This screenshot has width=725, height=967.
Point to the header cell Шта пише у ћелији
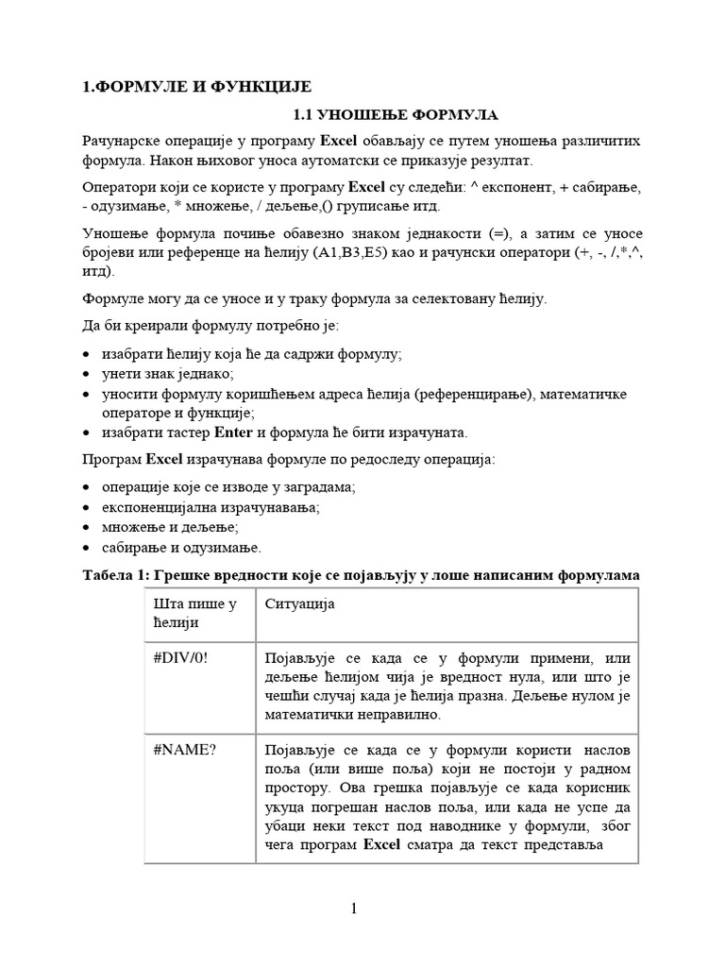click(x=194, y=613)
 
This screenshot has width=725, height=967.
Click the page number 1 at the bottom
click(x=353, y=909)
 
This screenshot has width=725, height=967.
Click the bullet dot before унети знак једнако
click(x=88, y=374)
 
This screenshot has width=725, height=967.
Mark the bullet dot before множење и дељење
click(x=88, y=527)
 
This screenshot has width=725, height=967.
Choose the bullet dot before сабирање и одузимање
click(x=88, y=548)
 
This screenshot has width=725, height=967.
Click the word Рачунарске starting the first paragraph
click(x=121, y=142)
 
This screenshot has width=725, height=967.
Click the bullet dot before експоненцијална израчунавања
click(x=88, y=507)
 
